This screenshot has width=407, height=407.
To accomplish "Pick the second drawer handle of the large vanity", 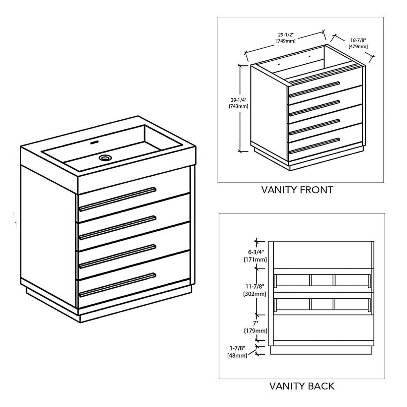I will point(117,227).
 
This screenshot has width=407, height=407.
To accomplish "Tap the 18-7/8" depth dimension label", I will point(358,40).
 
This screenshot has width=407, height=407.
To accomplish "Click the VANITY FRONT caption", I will point(297,190).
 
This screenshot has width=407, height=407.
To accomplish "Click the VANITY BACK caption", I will point(302,386).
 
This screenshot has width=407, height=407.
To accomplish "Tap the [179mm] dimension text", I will point(256,331).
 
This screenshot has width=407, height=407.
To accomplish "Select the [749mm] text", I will point(286,41).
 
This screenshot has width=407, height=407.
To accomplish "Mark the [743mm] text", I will point(238,106).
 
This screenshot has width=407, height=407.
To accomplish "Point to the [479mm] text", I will point(358,46).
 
